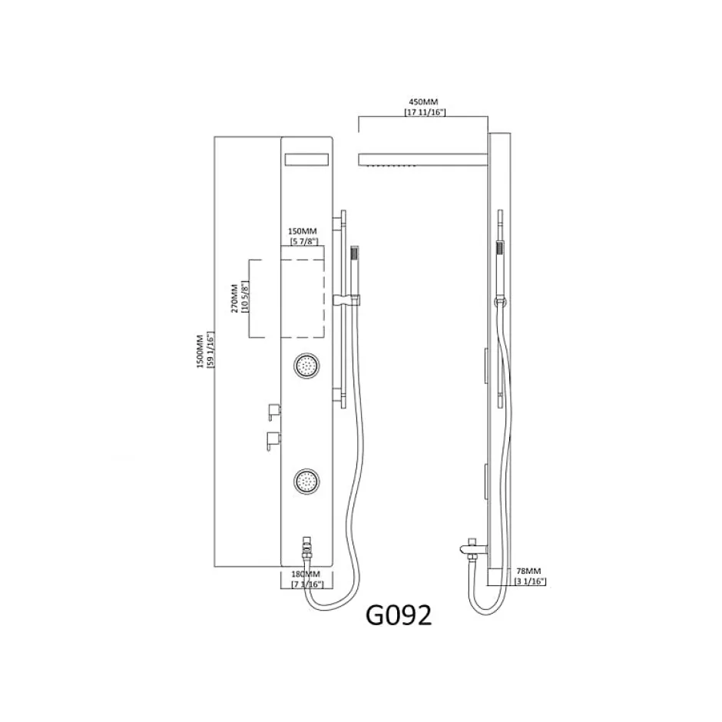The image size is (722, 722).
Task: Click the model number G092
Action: pos(399,614)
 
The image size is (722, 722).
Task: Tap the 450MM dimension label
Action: pos(423,101)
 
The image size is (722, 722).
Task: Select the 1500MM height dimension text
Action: pos(200,351)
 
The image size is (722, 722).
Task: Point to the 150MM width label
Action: pos(302,231)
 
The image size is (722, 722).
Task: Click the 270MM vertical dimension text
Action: pos(234,298)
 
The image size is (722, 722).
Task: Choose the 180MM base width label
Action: pos(305,575)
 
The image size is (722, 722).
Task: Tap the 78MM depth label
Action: pos(528,571)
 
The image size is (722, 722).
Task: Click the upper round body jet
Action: pos(306,366)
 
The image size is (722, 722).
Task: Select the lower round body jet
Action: pos(306,482)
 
